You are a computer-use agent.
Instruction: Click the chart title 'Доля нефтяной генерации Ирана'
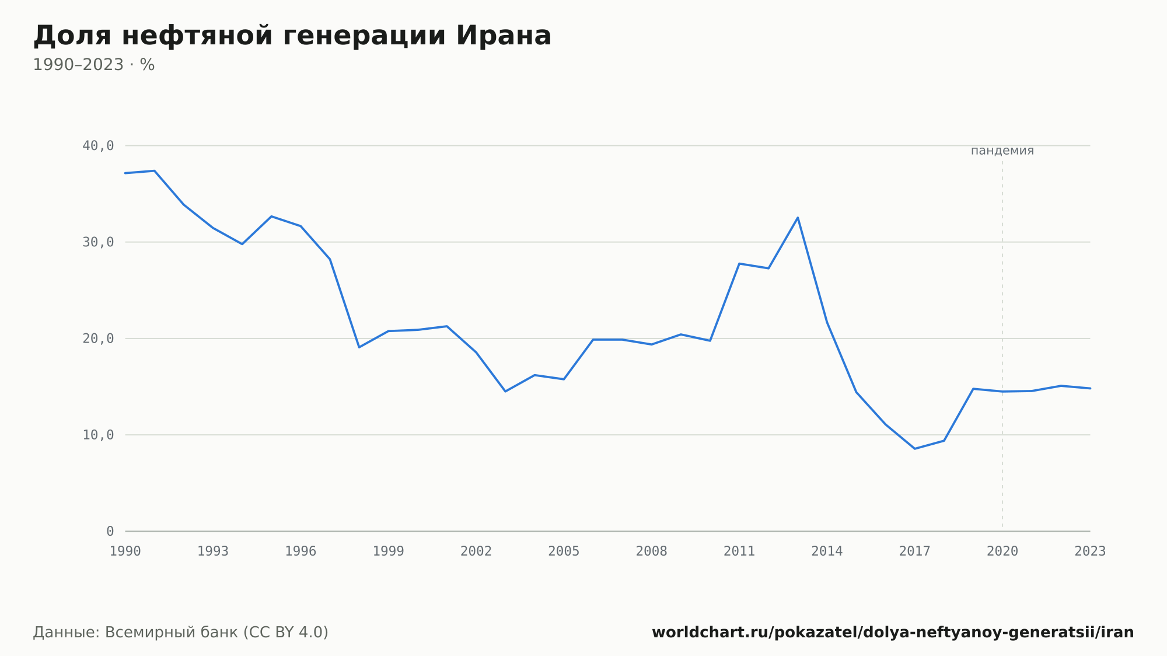(292, 36)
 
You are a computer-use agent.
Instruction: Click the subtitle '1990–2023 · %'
(93, 65)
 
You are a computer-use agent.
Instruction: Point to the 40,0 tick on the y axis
(98, 146)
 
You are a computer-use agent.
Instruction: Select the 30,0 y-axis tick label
(98, 242)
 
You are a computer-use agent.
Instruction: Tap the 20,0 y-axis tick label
(98, 339)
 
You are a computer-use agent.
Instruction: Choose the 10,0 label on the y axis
(98, 435)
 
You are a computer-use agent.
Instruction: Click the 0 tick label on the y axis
(110, 531)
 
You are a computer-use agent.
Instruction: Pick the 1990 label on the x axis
(125, 551)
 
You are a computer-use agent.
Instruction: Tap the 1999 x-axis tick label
(389, 551)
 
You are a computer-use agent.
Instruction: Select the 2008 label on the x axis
(652, 551)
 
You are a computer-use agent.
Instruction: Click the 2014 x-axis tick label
(827, 551)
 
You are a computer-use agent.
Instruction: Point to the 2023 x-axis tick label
(1090, 551)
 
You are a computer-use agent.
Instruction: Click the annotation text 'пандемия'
(1002, 151)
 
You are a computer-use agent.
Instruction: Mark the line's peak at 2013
(798, 218)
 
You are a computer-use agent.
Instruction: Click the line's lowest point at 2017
(915, 449)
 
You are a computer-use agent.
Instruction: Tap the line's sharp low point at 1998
(359, 347)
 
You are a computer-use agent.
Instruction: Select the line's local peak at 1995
(271, 217)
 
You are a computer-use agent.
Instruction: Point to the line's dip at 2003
(505, 391)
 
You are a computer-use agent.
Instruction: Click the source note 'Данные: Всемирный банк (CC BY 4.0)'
(181, 633)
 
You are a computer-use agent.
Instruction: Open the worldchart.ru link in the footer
(893, 633)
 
